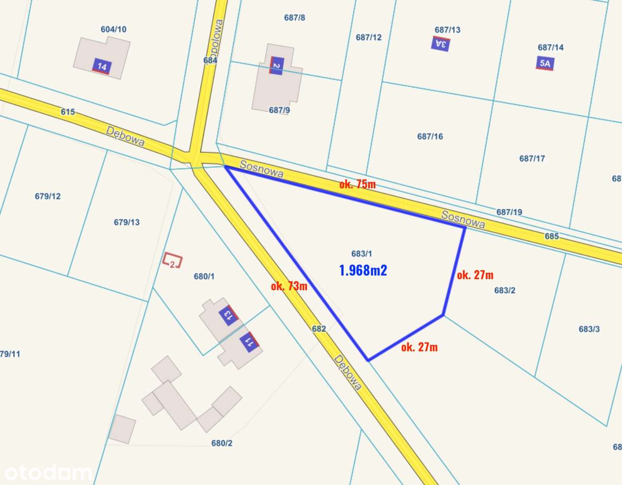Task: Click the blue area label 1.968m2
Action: pyautogui.click(x=363, y=270)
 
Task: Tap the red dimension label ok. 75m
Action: pyautogui.click(x=357, y=184)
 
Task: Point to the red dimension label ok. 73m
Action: pyautogui.click(x=289, y=286)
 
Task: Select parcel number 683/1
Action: pyautogui.click(x=362, y=253)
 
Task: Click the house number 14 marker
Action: pyautogui.click(x=102, y=67)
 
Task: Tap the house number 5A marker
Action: pyautogui.click(x=545, y=64)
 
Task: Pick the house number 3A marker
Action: pyautogui.click(x=441, y=44)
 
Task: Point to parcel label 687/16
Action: pyautogui.click(x=430, y=136)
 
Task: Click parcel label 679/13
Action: pyautogui.click(x=127, y=222)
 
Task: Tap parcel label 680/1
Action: pyautogui.click(x=204, y=276)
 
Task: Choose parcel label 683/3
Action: pyautogui.click(x=589, y=329)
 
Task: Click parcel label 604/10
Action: pyautogui.click(x=114, y=29)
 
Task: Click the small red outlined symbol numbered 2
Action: pyautogui.click(x=172, y=261)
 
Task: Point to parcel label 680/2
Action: pyautogui.click(x=222, y=443)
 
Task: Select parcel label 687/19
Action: pyautogui.click(x=509, y=212)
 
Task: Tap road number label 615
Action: pyautogui.click(x=68, y=112)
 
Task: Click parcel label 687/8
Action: pyautogui.click(x=294, y=17)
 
